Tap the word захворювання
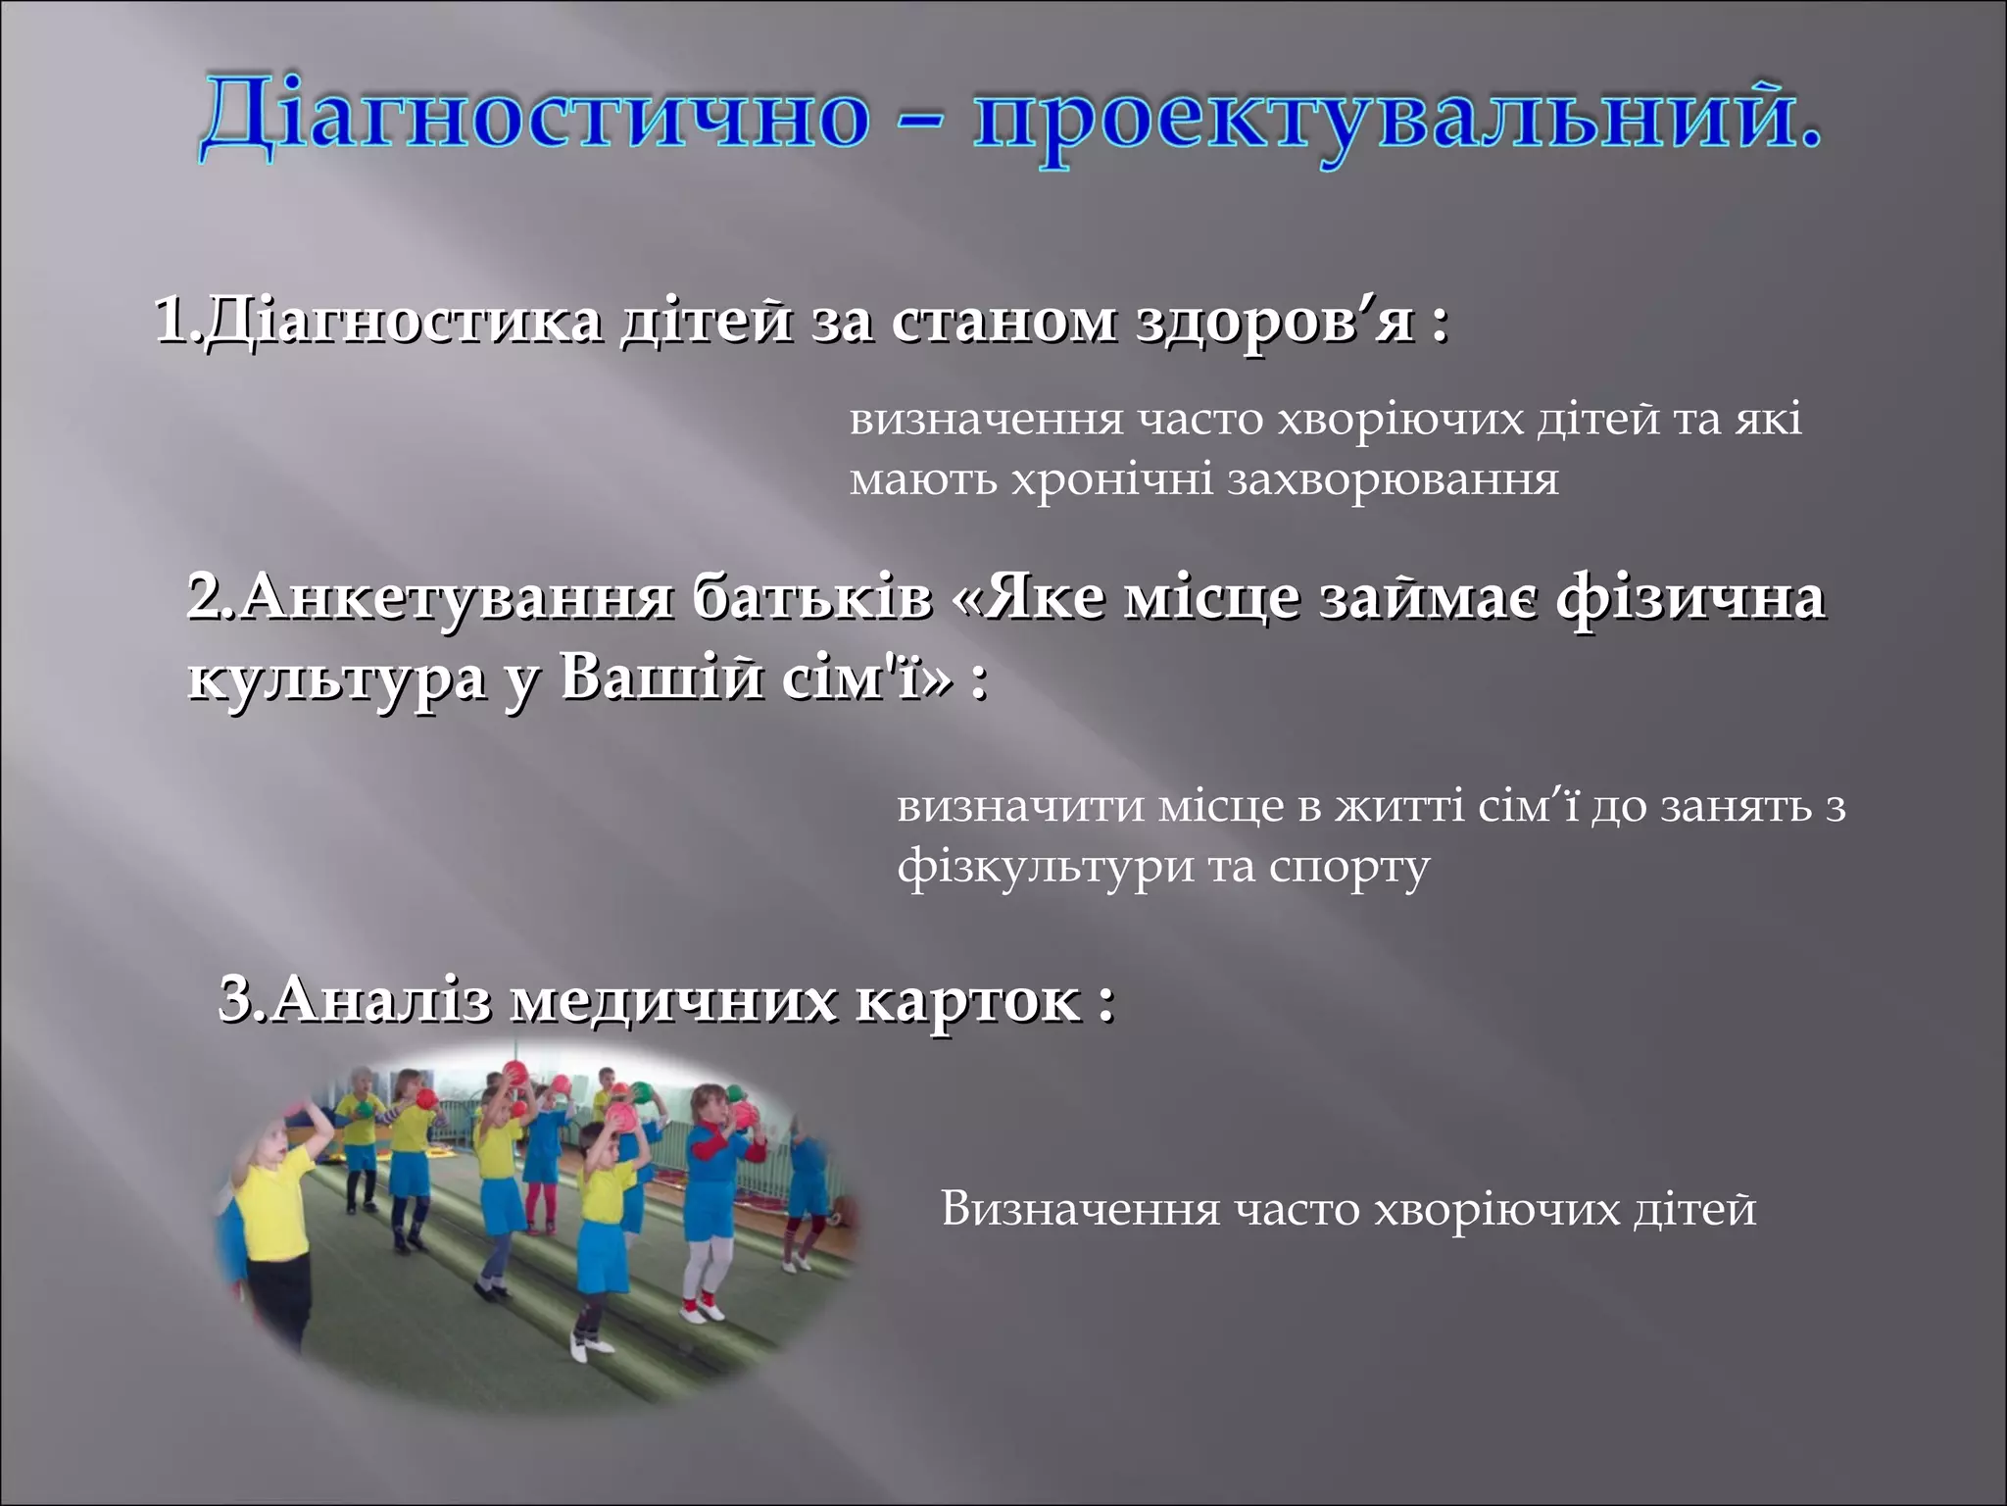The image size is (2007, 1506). pyautogui.click(x=1392, y=480)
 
